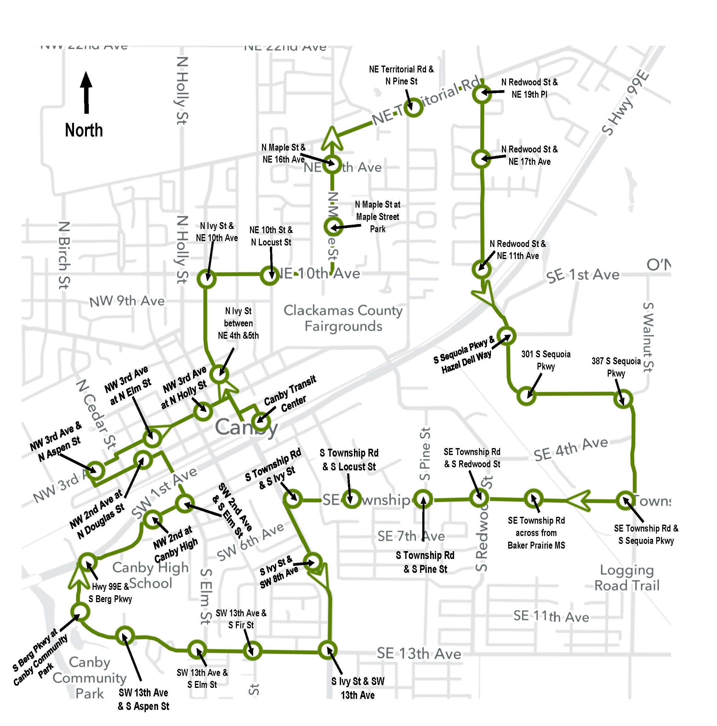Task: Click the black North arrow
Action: tap(86, 92)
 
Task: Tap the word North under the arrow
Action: tap(84, 130)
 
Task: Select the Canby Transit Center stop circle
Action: tap(261, 422)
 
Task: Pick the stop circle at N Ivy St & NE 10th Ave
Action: tap(207, 279)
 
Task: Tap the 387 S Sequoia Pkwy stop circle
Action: tap(623, 399)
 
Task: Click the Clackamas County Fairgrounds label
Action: tap(343, 318)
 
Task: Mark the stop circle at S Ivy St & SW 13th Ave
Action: tap(328, 650)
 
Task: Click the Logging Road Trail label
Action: tap(627, 578)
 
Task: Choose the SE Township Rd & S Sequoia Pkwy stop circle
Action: tap(625, 500)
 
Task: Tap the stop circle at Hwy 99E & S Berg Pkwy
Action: tap(88, 562)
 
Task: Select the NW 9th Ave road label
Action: tap(127, 301)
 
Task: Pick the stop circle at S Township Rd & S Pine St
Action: tap(423, 499)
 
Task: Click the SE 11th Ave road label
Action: tap(551, 616)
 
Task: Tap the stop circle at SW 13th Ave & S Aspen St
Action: tap(125, 636)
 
